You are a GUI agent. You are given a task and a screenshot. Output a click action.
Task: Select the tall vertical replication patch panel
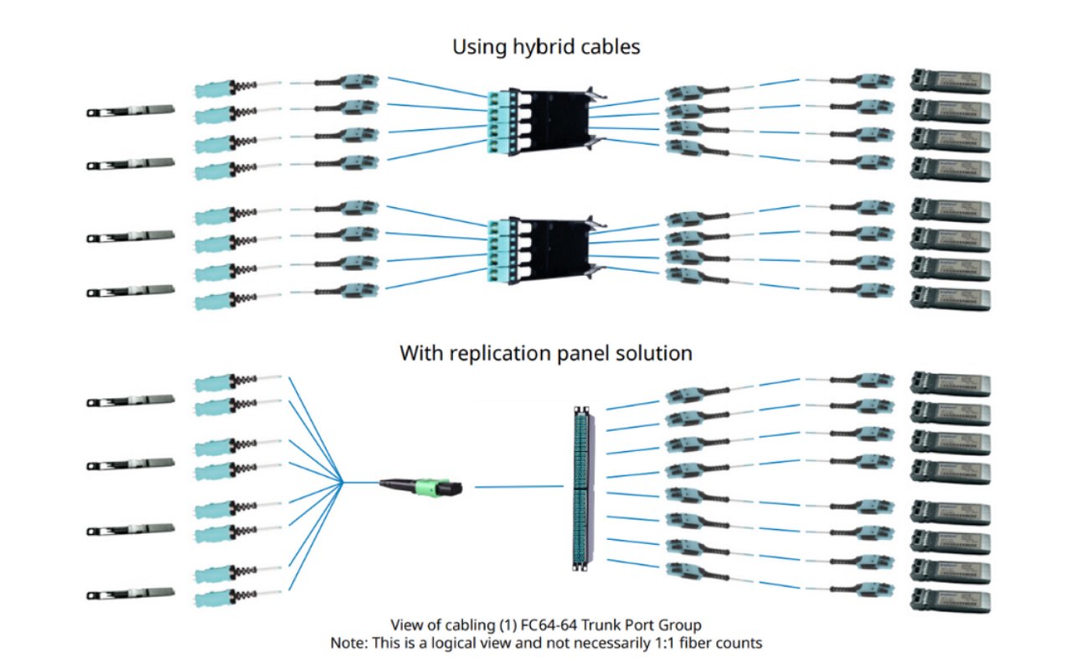tap(579, 485)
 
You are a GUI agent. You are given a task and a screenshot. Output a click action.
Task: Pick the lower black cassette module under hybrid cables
tap(541, 246)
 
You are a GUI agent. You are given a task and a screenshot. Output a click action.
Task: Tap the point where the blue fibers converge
tap(342, 482)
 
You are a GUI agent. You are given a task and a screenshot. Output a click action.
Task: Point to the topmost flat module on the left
tap(130, 110)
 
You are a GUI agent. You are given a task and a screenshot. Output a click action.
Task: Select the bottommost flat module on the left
tap(130, 594)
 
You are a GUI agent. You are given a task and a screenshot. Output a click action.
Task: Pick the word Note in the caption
tap(348, 643)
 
